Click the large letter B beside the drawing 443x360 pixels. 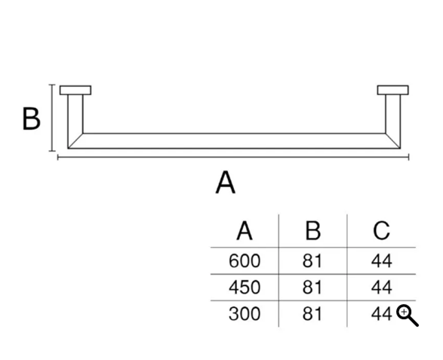32,118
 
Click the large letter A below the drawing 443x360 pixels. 226,182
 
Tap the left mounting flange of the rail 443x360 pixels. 75,90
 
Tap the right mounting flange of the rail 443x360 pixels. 393,90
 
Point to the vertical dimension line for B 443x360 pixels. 52,118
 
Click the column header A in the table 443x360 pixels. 245,231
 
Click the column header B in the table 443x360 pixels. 313,231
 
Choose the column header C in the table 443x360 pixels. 381,231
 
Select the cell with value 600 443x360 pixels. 245,261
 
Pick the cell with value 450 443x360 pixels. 245,288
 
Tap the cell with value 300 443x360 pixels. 245,314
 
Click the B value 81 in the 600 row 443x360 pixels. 312,261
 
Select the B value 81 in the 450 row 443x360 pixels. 312,288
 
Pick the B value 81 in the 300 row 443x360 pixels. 312,314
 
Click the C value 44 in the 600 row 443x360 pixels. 381,261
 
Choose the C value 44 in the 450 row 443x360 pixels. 381,288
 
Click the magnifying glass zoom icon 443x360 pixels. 407,315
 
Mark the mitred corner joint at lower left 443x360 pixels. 75,140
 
